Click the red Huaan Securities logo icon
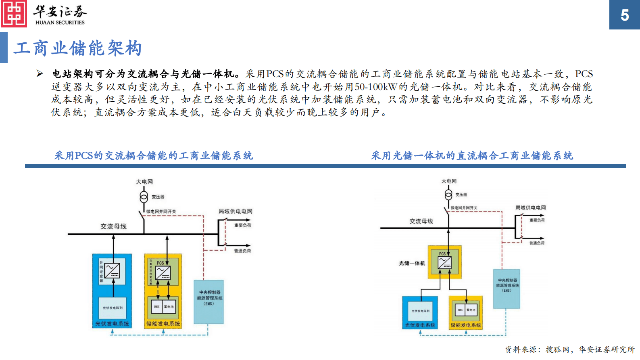14,14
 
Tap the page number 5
624,15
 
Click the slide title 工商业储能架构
77,48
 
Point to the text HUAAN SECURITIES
60,23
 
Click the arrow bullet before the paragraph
40,73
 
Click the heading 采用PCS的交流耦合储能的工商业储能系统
154,156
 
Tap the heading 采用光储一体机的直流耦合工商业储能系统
472,156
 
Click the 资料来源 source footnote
569,350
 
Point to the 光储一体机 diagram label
412,263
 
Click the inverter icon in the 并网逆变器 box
112,270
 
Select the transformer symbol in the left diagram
144,197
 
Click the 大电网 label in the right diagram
449,181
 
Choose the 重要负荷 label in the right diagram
537,220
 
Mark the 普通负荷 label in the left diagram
242,251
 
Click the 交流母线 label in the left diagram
113,226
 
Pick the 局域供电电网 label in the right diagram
530,207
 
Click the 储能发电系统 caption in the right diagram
466,325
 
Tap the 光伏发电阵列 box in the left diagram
113,308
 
